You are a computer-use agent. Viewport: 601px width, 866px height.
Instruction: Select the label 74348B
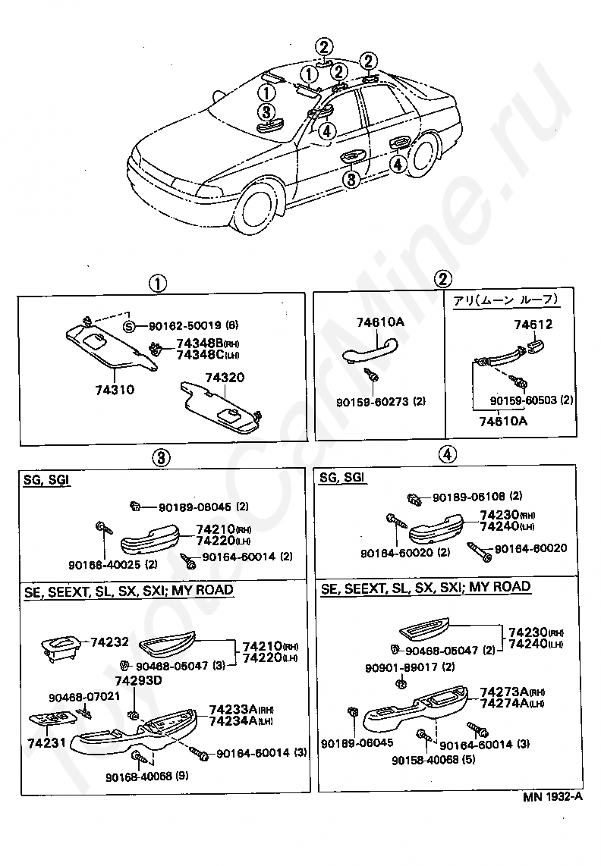[197, 343]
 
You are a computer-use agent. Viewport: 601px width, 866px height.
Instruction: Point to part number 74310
[115, 389]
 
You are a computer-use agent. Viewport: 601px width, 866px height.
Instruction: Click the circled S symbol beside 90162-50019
[130, 327]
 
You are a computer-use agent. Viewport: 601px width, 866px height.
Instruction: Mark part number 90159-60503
[524, 400]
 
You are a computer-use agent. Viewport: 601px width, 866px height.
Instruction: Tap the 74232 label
[110, 642]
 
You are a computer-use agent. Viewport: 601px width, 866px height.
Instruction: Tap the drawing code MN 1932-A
[552, 797]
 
